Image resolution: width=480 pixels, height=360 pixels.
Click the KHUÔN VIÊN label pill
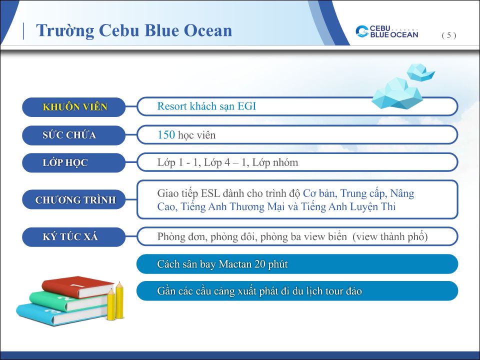pos(74,107)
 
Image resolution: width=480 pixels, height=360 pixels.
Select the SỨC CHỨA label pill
pos(74,135)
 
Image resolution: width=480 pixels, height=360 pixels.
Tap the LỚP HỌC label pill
pos(74,162)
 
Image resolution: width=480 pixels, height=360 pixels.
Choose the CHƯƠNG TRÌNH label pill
pos(74,199)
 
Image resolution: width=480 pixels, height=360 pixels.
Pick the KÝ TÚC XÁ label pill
pos(74,236)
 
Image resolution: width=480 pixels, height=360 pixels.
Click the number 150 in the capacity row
pos(166,134)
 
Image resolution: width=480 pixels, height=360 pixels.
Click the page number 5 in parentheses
pos(449,35)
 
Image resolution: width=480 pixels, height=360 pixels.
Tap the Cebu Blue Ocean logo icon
pos(362,31)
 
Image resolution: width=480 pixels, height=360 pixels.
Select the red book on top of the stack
pos(78,287)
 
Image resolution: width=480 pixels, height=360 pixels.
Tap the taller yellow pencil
pos(119,300)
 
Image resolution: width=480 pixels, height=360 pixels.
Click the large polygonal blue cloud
pos(397,93)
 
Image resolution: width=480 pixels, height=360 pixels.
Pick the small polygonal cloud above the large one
pos(420,72)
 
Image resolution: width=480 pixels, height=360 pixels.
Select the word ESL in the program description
pos(210,193)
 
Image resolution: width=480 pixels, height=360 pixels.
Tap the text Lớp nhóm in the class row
pos(275,162)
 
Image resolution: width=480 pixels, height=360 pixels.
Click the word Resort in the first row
pos(172,106)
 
